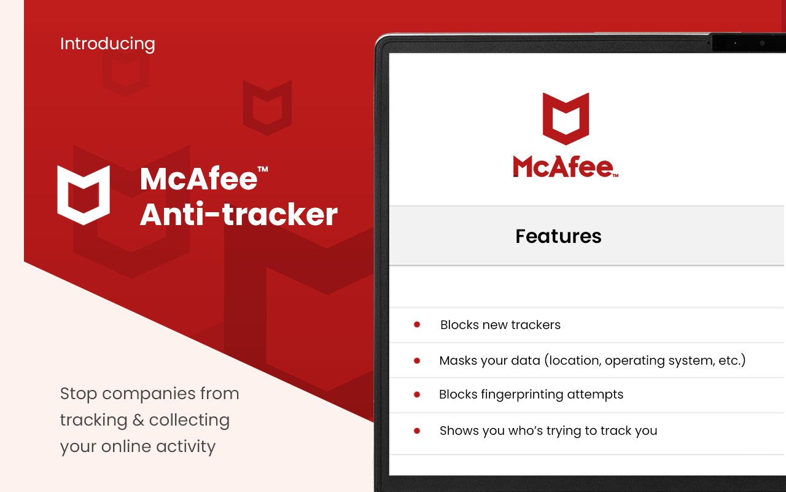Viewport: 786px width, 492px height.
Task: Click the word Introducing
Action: click(107, 44)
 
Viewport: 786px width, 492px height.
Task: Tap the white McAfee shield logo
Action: click(84, 195)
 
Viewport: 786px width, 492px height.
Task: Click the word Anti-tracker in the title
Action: click(239, 214)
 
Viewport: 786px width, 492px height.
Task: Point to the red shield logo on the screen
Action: click(566, 119)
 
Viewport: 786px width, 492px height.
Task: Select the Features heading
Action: click(558, 236)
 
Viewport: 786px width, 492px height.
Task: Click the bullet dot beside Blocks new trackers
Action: click(417, 325)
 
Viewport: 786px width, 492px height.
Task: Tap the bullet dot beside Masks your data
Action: click(417, 361)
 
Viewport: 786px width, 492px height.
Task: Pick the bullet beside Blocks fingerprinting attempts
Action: click(417, 395)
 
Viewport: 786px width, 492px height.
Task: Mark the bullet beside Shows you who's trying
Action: click(417, 431)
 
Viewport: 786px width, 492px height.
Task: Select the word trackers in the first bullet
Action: click(534, 325)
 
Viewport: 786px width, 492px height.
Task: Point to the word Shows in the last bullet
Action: click(459, 431)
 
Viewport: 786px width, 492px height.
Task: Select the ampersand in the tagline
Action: click(138, 421)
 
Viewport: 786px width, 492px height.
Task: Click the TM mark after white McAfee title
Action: click(263, 169)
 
